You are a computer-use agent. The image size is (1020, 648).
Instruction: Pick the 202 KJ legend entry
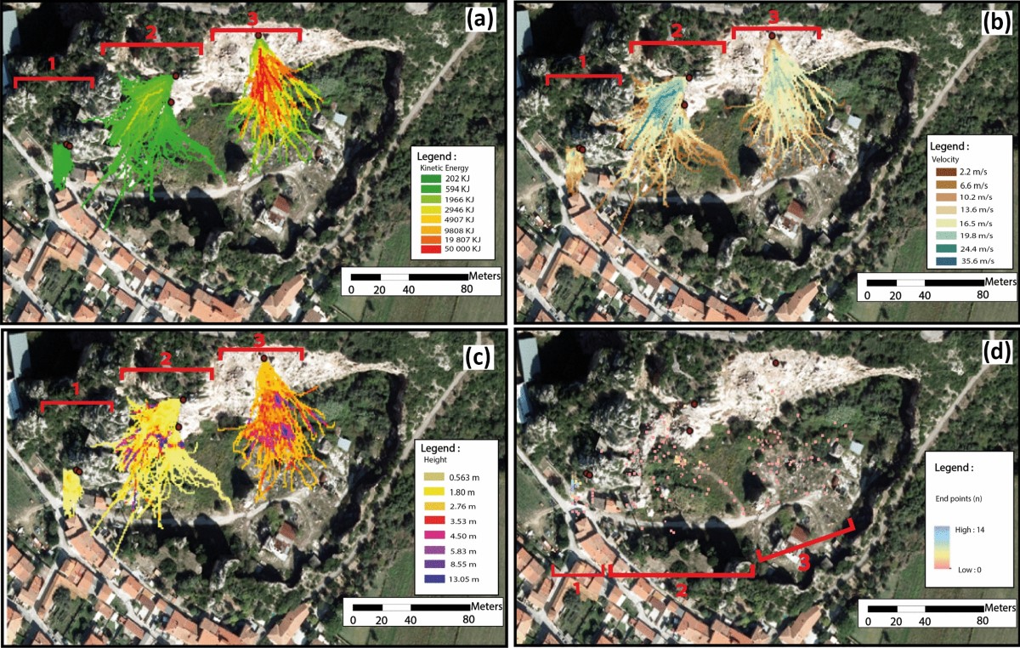coord(451,179)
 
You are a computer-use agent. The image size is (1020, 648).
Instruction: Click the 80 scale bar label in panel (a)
coord(467,291)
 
